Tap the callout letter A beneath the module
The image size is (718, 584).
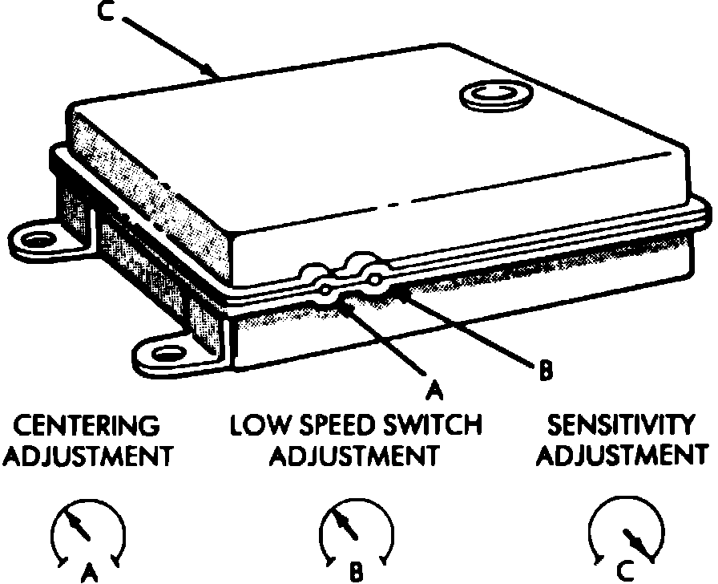[x=433, y=389]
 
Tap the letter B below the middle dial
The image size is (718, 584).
[x=356, y=573]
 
